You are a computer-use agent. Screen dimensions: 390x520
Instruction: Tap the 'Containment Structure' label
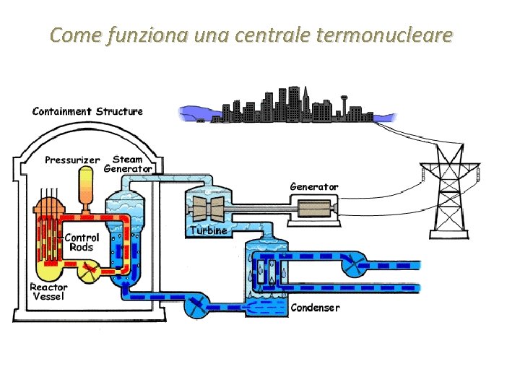click(x=87, y=111)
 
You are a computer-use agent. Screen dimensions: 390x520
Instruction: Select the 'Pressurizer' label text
click(x=72, y=160)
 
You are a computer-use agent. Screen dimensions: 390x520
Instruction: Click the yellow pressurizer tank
click(x=88, y=185)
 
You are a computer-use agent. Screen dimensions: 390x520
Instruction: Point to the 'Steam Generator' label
click(x=128, y=164)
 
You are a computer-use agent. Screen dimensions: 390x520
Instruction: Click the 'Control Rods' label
click(x=82, y=242)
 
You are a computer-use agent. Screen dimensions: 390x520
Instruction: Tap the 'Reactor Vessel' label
click(x=48, y=291)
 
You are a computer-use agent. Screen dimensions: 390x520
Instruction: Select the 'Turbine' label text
click(x=209, y=230)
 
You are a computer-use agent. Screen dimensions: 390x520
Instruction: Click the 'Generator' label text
click(x=313, y=186)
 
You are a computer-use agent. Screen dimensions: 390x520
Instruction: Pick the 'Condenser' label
click(x=314, y=308)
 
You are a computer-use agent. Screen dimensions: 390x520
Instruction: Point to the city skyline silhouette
click(x=289, y=107)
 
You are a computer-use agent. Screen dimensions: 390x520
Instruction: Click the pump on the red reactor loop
click(x=89, y=272)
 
